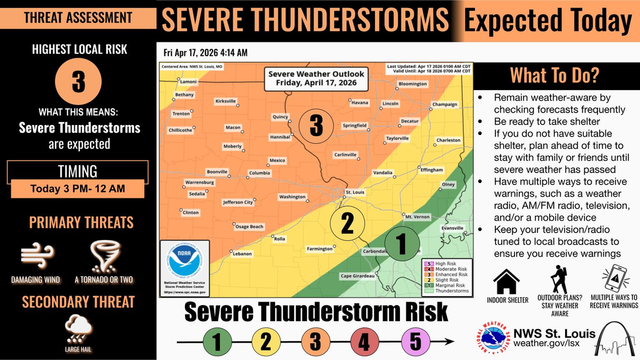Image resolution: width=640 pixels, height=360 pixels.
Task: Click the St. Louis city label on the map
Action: pos(354,192)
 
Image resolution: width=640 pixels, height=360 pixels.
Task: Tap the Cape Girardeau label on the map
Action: pos(357,276)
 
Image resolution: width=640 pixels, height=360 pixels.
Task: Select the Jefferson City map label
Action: pos(238,202)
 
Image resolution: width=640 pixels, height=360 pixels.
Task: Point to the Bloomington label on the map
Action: pos(412,84)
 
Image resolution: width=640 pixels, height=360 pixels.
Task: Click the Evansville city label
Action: pos(452,228)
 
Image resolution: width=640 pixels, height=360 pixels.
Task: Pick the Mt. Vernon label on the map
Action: pos(417,217)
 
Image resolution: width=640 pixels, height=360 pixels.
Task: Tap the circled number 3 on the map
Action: pos(316,126)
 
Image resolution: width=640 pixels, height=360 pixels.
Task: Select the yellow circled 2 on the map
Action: pos(346,222)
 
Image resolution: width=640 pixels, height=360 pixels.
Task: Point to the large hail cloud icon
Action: pos(79,327)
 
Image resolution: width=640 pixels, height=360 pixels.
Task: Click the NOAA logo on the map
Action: pos(186,262)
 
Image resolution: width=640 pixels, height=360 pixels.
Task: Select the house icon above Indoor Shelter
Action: pos(507,281)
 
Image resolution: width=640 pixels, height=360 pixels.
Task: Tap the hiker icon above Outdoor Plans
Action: pos(559,279)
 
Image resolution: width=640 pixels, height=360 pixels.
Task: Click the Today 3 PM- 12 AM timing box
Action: pos(77,187)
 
